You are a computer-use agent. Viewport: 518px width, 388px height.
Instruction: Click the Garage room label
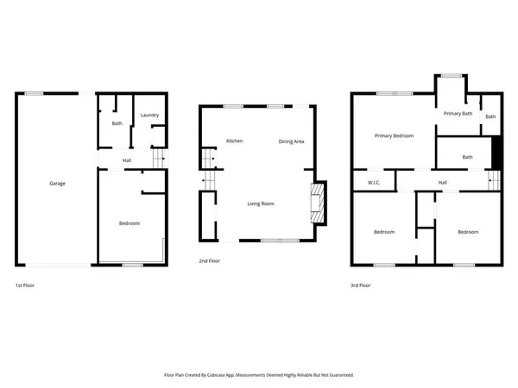point(57,183)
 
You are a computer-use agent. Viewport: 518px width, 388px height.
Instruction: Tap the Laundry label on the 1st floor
point(149,116)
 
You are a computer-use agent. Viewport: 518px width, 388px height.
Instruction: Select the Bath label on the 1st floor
point(117,123)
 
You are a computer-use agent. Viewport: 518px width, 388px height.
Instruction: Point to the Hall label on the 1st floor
point(127,160)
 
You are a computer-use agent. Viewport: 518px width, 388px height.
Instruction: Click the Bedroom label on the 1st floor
point(129,224)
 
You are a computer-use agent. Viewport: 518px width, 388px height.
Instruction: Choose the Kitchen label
point(234,141)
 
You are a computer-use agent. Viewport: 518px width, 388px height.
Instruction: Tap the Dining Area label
point(291,141)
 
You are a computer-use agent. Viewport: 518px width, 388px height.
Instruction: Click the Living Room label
point(261,203)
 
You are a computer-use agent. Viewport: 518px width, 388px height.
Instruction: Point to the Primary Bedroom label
point(394,135)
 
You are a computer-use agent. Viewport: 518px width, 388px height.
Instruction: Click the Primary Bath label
point(458,114)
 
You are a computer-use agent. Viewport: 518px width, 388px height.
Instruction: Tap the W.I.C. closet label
point(375,183)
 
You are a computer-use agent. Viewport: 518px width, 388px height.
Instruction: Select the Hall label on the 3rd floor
point(442,183)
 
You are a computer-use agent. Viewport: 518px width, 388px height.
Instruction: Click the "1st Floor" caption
point(25,285)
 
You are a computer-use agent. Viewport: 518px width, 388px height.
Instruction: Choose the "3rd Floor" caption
point(361,285)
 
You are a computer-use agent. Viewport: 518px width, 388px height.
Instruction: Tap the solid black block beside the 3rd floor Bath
point(496,154)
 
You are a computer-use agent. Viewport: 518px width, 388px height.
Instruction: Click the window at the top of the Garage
point(35,93)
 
